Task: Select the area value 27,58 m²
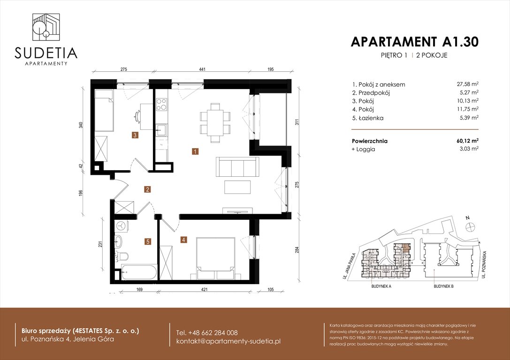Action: tap(467, 84)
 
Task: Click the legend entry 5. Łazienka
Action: tap(368, 118)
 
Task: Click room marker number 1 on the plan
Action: tap(194, 151)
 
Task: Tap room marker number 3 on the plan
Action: tap(135, 135)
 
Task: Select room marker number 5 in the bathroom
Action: tap(148, 242)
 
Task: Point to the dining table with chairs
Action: tap(215, 122)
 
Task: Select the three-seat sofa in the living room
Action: tap(237, 166)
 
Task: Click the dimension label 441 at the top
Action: tap(202, 69)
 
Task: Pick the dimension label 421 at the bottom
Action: tap(204, 289)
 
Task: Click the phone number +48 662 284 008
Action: tap(206, 332)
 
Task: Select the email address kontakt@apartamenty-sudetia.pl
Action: tap(228, 341)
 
